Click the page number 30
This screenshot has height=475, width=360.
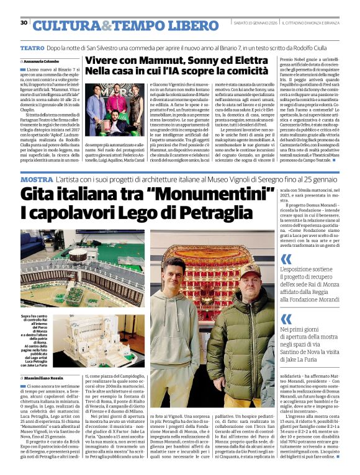coord(24,23)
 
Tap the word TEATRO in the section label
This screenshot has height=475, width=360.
coord(32,48)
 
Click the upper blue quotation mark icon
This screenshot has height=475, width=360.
coord(287,259)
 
